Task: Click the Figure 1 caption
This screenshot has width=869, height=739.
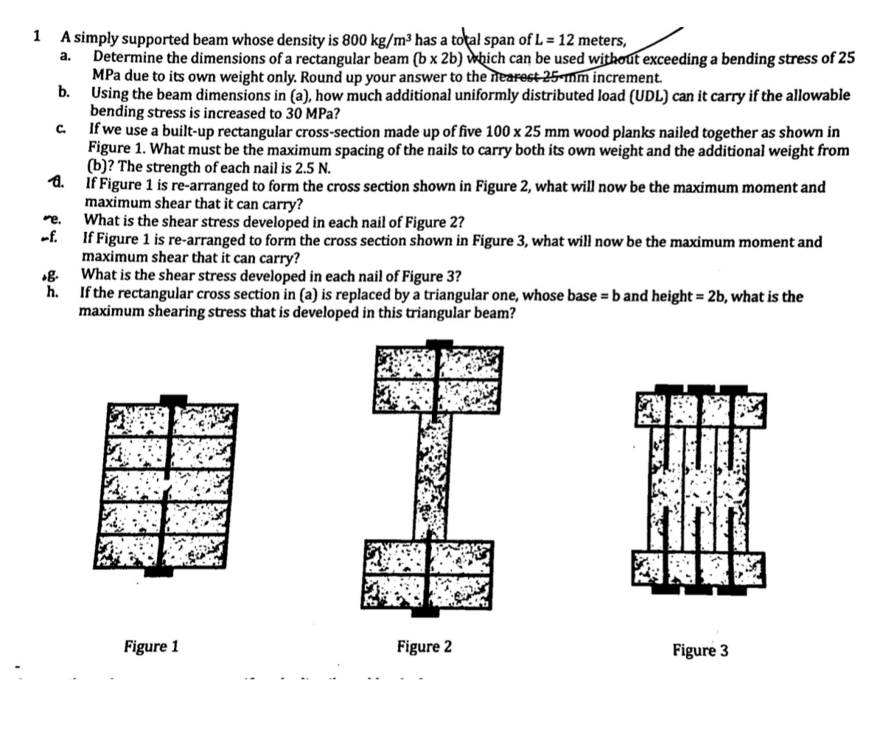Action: pyautogui.click(x=151, y=647)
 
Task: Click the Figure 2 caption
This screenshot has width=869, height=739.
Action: pyautogui.click(x=424, y=647)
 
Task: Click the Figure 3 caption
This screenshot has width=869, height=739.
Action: pyautogui.click(x=699, y=650)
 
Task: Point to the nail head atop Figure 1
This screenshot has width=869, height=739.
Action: pyautogui.click(x=173, y=400)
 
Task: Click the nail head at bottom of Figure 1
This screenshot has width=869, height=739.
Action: pyautogui.click(x=158, y=571)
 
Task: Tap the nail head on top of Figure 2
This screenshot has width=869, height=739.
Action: pyautogui.click(x=439, y=343)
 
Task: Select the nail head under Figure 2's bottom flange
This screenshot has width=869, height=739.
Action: pyautogui.click(x=425, y=612)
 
